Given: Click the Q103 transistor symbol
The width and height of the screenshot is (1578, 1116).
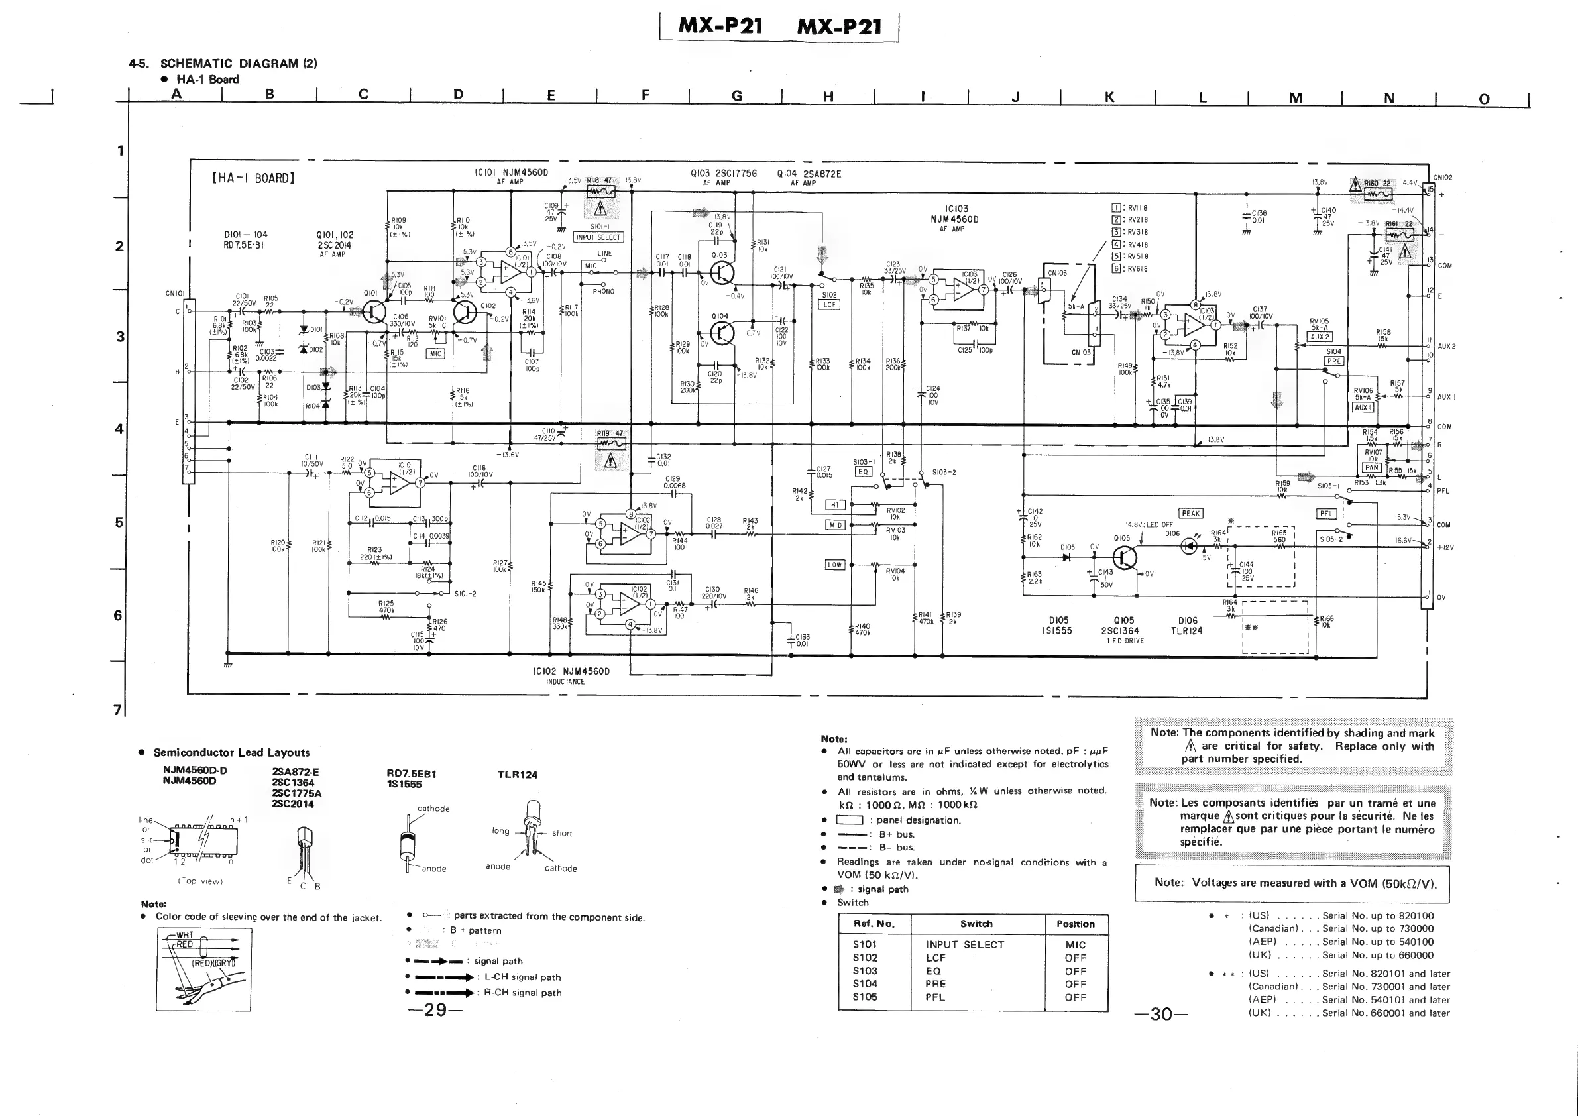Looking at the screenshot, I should click(x=722, y=274).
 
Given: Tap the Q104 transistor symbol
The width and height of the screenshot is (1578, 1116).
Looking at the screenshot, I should click(x=722, y=334).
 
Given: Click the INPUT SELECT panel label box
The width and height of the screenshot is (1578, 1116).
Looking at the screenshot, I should click(x=598, y=237).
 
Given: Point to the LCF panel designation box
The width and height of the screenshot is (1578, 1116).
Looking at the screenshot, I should click(x=830, y=304).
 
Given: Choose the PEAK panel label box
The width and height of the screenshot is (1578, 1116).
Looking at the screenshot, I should click(x=1190, y=514).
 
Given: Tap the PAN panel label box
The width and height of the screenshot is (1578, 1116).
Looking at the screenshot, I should click(x=1371, y=467).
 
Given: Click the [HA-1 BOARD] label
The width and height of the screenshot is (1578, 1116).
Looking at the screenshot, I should click(x=253, y=179).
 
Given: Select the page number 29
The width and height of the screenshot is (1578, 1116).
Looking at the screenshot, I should click(x=435, y=1009).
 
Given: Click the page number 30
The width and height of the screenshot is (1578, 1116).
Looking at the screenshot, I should click(x=1161, y=1013).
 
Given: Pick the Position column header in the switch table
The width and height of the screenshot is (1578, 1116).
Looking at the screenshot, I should click(x=1075, y=924).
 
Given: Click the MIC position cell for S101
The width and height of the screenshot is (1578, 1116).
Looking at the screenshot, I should click(x=1075, y=945).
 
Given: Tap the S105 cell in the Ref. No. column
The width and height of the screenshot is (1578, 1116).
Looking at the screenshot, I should click(x=865, y=997).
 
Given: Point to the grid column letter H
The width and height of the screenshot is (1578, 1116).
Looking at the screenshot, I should click(x=828, y=97).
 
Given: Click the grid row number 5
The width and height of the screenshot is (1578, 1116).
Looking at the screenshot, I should click(x=119, y=522).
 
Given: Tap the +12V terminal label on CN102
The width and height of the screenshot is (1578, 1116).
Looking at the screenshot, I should click(x=1445, y=547).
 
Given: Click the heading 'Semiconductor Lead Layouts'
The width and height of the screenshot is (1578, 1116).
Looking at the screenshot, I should click(x=231, y=752).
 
